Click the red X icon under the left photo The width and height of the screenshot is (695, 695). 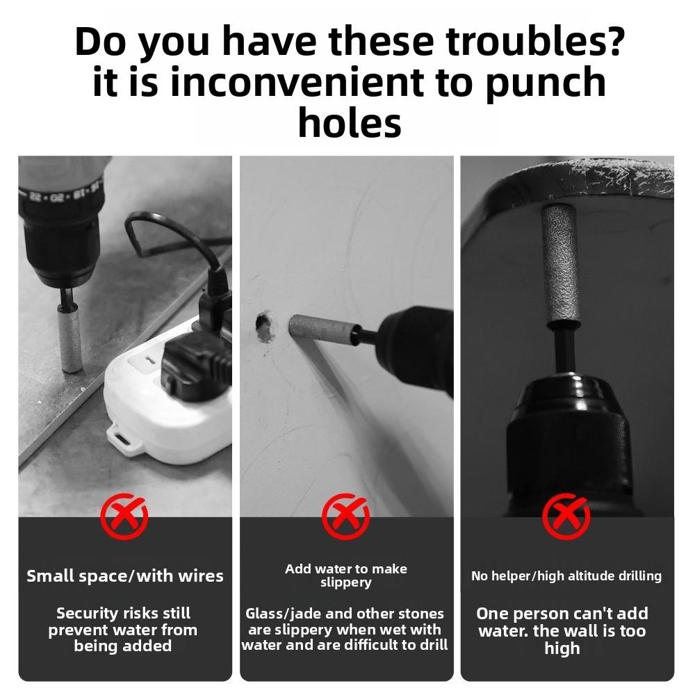124,516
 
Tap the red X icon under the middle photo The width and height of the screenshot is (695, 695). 346,516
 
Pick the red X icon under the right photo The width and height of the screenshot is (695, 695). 566,516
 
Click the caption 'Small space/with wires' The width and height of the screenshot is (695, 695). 125,576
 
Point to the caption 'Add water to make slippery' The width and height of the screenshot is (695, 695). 346,575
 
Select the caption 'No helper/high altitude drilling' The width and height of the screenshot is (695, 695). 566,576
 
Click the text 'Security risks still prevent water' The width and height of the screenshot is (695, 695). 123,630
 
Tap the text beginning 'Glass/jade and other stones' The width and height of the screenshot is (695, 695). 345,630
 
